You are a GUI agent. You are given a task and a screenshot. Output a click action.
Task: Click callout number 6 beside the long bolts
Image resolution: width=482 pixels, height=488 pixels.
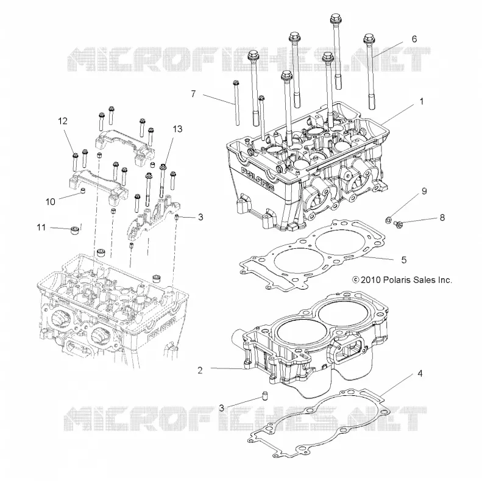point(414,39)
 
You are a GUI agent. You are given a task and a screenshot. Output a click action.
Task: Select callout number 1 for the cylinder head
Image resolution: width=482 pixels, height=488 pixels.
point(422,101)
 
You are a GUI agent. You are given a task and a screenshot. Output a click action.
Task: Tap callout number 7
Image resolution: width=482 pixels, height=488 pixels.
point(193,93)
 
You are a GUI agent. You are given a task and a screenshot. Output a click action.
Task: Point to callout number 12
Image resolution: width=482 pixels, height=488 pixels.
point(63,121)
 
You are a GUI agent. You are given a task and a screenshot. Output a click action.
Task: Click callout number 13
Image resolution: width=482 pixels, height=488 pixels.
point(177,129)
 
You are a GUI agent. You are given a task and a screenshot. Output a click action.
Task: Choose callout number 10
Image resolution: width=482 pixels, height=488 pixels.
point(51,202)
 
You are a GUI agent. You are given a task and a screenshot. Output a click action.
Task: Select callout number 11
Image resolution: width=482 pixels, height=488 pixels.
point(41,228)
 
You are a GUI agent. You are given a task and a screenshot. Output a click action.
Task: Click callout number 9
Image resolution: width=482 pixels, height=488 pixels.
point(424,191)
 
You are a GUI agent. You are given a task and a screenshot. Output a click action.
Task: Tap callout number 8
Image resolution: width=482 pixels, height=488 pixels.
point(442,218)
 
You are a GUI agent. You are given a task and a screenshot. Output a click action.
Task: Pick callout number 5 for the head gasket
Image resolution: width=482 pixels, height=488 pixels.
point(404,260)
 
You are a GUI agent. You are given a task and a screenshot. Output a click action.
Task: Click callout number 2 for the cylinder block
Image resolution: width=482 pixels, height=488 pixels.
point(200,370)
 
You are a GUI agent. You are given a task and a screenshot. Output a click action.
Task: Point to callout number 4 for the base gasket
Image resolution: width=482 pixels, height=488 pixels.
point(420,373)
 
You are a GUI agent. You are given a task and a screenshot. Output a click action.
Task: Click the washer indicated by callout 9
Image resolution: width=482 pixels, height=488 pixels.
point(388,220)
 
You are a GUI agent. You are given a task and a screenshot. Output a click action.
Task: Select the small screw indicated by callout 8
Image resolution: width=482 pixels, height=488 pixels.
point(398,223)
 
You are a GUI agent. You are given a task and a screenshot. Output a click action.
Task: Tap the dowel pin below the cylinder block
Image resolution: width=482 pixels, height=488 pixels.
point(265,396)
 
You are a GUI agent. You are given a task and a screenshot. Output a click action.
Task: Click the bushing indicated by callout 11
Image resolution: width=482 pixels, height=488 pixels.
point(74,231)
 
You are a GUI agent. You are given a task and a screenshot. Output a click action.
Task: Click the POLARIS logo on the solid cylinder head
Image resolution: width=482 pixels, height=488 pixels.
point(258,179)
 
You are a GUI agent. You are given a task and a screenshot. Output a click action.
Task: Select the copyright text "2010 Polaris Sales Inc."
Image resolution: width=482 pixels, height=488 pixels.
point(406,280)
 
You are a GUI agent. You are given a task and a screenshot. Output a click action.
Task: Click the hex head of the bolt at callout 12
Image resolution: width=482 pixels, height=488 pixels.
point(74,156)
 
